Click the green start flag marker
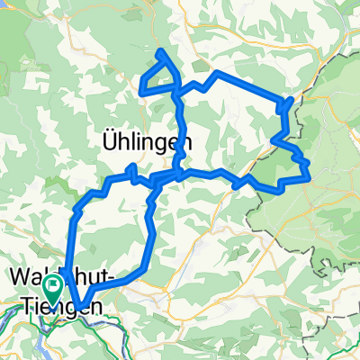click(54, 289)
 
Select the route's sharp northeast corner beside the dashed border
click(292, 99)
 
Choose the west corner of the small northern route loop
click(140, 90)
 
